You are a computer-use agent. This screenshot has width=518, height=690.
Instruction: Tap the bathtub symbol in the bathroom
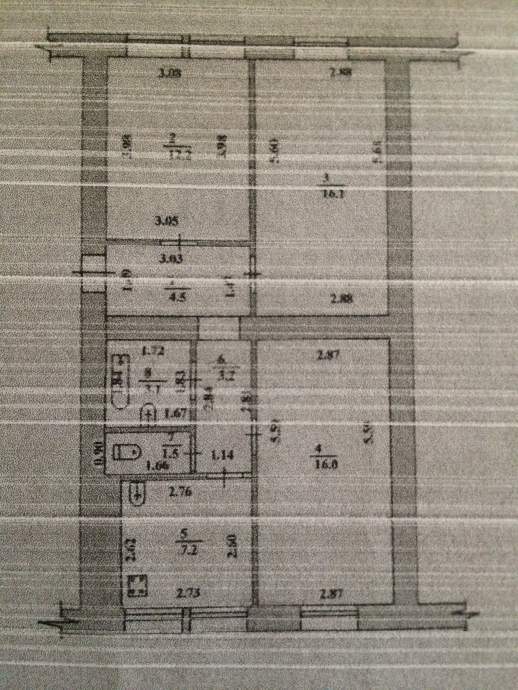(x=121, y=381)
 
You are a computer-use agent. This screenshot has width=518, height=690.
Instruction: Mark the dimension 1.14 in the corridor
(x=223, y=456)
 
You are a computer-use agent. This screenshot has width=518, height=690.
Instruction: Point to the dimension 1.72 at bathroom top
(x=152, y=351)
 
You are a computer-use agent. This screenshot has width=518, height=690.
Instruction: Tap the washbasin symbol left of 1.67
(x=149, y=414)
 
